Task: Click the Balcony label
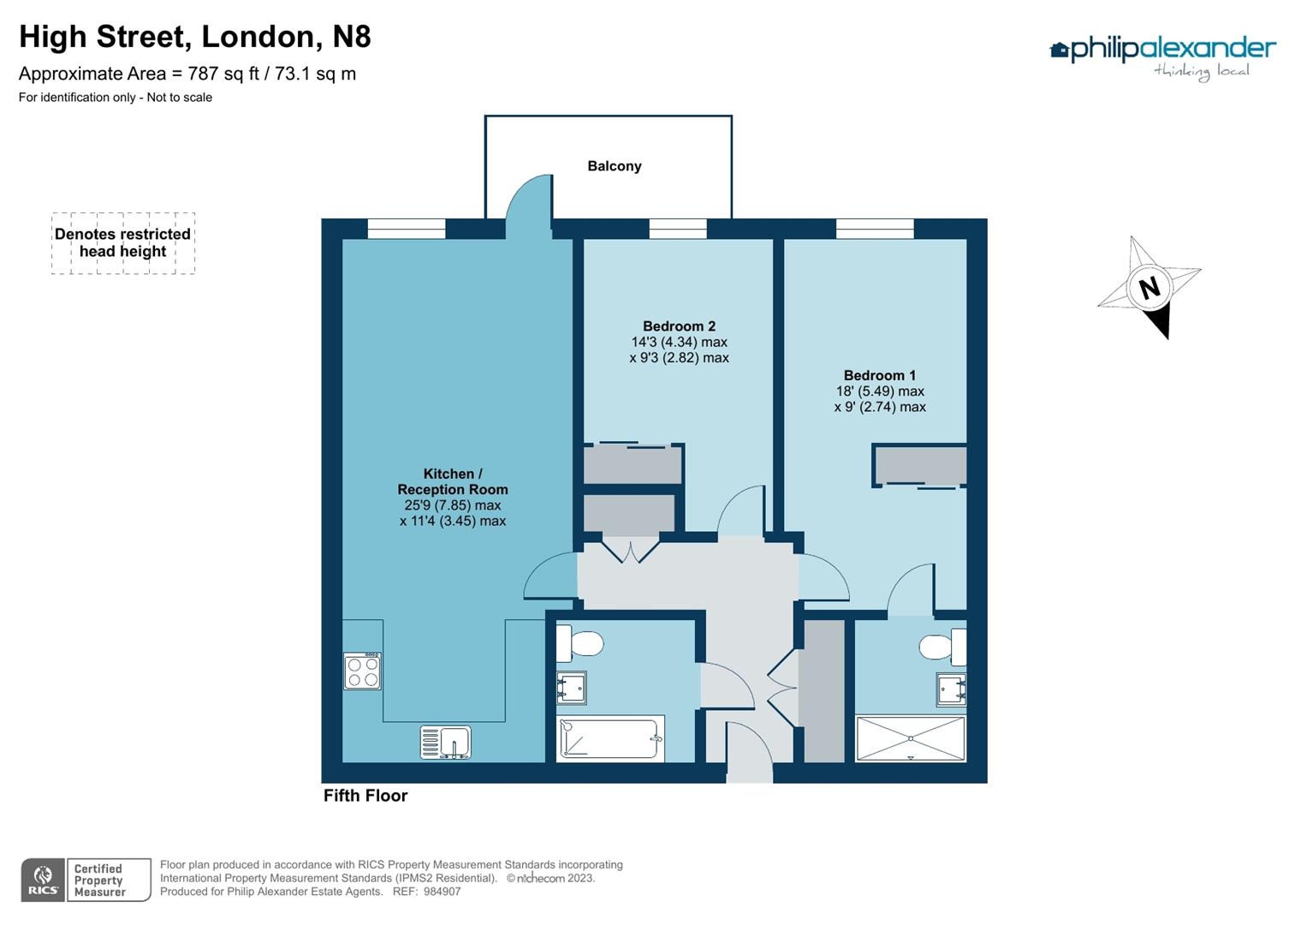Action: coord(614,166)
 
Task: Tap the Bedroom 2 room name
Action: coord(679,326)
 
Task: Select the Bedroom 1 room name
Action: coord(879,375)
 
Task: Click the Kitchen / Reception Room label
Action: coord(453,481)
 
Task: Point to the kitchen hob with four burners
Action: coord(362,671)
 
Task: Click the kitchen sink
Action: coord(445,743)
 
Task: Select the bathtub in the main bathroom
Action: coord(610,739)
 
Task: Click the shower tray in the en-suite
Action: coord(910,738)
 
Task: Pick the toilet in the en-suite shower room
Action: coord(942,647)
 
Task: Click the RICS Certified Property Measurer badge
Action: coord(86,880)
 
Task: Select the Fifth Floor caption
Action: coord(365,796)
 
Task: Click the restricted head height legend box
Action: coord(123,243)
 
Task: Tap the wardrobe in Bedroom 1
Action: coord(920,466)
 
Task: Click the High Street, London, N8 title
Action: coord(195,37)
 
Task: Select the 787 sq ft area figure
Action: coord(223,74)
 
